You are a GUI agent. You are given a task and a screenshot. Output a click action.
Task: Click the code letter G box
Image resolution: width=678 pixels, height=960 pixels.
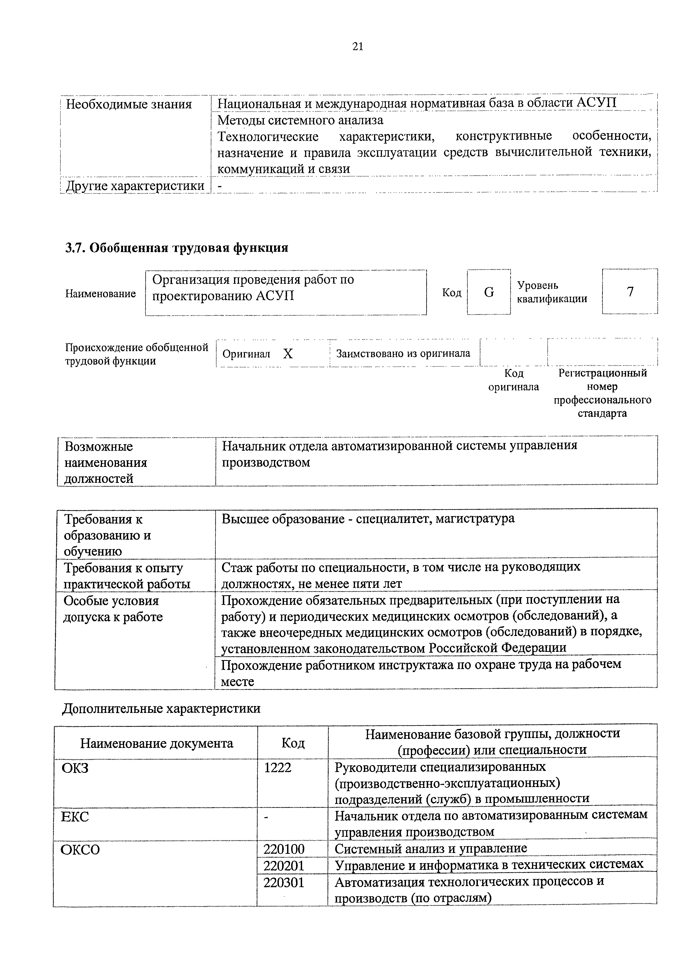(489, 292)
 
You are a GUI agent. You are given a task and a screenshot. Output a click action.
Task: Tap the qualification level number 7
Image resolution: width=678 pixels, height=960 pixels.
(630, 291)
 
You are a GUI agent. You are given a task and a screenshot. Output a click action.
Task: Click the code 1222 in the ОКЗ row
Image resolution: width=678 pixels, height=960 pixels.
(278, 768)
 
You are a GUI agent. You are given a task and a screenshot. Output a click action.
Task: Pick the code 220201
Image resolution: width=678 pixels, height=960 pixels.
(284, 865)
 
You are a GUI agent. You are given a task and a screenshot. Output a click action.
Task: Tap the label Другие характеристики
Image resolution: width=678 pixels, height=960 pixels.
(135, 186)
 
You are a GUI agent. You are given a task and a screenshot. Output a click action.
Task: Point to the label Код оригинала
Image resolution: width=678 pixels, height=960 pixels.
(513, 380)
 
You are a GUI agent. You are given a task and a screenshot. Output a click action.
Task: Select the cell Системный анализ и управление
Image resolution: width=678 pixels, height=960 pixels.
(431, 848)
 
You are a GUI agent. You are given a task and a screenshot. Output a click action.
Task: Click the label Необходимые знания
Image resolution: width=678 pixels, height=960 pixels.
(129, 104)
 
